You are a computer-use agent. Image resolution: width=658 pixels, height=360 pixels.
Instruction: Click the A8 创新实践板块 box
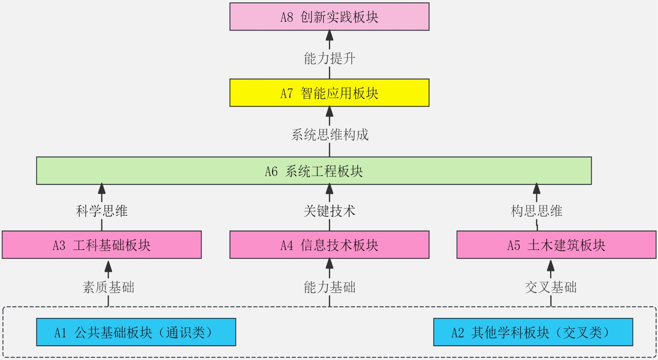[x=329, y=17]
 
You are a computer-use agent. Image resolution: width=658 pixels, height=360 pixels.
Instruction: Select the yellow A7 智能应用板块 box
[x=329, y=93]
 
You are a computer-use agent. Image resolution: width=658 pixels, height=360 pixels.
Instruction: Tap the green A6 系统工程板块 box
[x=314, y=171]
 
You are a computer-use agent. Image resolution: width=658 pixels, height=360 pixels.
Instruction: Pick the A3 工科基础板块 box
[x=102, y=245]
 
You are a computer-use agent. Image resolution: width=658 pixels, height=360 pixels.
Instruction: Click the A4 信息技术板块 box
[x=329, y=245]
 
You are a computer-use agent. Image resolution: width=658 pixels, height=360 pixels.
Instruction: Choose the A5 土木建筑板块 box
[x=556, y=245]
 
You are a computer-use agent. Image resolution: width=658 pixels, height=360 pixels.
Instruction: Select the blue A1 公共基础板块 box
[x=136, y=332]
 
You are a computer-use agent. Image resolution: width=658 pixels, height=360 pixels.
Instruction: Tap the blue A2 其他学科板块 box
[x=533, y=332]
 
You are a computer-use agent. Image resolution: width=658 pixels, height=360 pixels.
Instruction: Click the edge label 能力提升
[x=329, y=58]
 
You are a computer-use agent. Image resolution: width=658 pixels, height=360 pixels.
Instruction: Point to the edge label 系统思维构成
[x=329, y=135]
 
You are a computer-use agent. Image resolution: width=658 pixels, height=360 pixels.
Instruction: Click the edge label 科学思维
[x=102, y=211]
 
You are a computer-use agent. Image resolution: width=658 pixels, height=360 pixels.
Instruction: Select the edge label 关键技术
[x=329, y=211]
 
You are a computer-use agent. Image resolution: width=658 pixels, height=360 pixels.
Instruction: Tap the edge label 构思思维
[x=536, y=211]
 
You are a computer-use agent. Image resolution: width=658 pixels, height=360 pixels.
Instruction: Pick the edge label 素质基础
[x=108, y=287]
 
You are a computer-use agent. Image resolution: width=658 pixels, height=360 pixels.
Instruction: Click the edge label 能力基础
[x=329, y=287]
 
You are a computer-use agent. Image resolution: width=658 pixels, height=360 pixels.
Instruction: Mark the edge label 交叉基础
[x=551, y=287]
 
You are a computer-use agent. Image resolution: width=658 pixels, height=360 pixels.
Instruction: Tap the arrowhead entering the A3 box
[x=108, y=265]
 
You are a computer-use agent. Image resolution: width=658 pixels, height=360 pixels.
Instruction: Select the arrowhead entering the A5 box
[x=551, y=265]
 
